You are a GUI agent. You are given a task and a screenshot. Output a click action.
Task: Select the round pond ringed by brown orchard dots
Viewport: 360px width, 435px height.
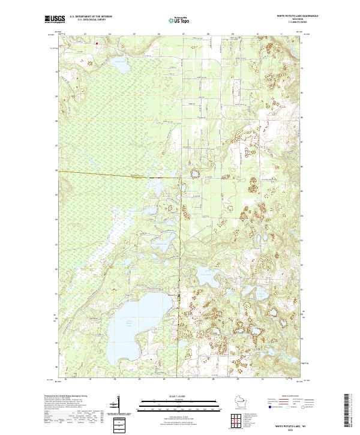195,175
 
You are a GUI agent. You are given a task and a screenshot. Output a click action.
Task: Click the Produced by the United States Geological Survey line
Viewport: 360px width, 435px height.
67,397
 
